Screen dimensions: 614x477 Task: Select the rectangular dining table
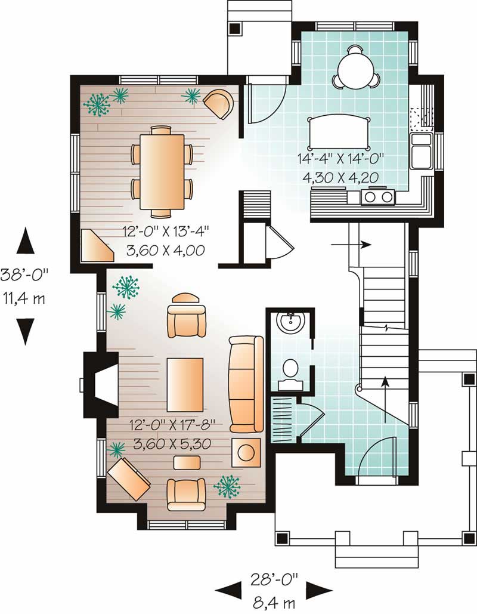[x=162, y=171]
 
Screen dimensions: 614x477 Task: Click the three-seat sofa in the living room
[x=246, y=384]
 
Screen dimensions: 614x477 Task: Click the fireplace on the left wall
[x=100, y=384]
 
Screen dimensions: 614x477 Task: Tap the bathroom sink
[x=292, y=323]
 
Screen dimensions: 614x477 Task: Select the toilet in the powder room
[x=290, y=371]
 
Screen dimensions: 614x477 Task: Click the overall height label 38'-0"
[x=25, y=275]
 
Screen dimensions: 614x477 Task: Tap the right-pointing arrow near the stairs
[x=360, y=245]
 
